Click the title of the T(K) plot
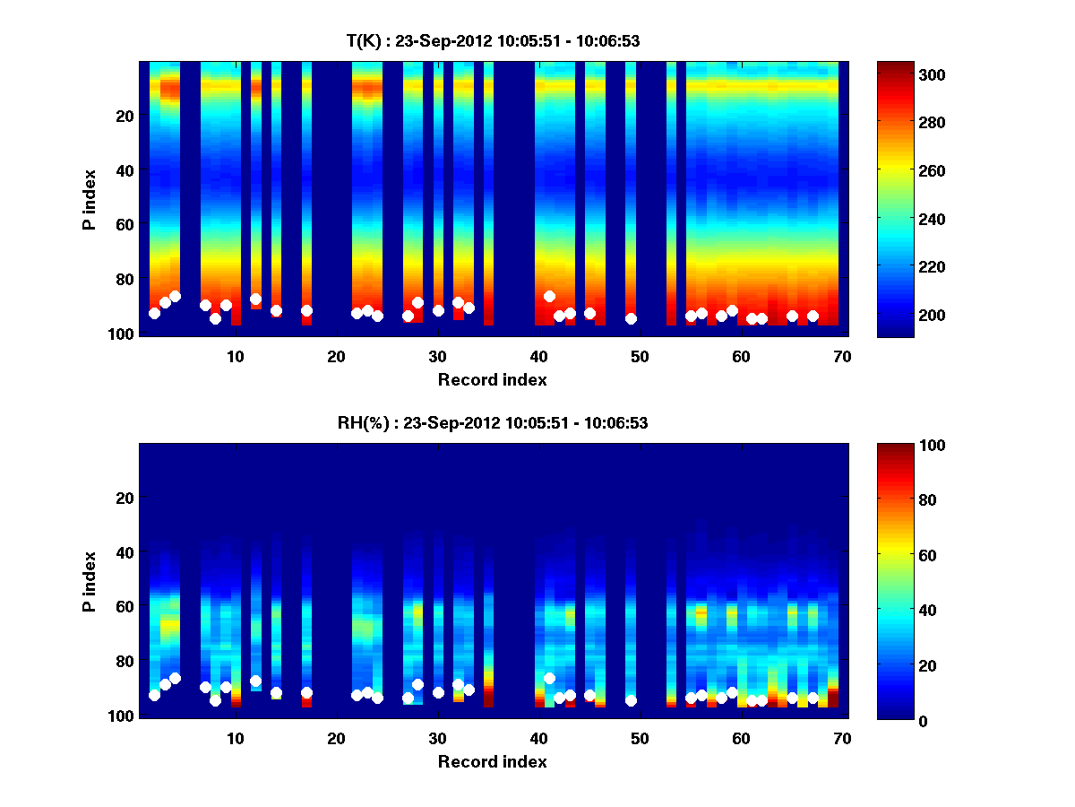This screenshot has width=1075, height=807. (492, 40)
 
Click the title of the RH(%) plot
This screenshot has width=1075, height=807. (492, 423)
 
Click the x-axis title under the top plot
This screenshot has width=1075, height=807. (492, 379)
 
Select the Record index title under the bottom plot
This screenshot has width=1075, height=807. (492, 761)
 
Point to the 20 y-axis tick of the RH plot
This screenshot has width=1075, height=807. (125, 498)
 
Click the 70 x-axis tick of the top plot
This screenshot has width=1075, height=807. (842, 355)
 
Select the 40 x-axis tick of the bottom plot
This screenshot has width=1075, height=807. (538, 737)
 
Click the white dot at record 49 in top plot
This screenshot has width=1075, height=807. (631, 318)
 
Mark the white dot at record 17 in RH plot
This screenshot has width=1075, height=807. (306, 692)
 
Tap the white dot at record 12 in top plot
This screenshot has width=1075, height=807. (255, 299)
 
